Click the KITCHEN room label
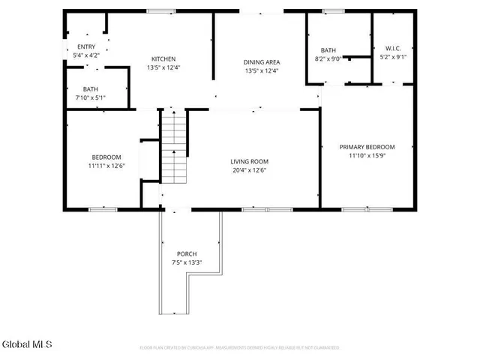(x=163, y=59)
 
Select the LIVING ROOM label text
(x=249, y=161)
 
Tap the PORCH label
(x=187, y=253)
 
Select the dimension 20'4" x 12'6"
(x=249, y=170)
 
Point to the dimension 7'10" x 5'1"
(x=91, y=97)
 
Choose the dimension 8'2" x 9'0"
(x=328, y=58)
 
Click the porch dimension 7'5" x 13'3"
(x=187, y=262)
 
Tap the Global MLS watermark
(x=27, y=344)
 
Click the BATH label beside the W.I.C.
(x=328, y=49)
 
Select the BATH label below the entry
(x=91, y=89)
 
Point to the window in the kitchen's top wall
(x=156, y=11)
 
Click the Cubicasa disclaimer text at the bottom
(x=240, y=348)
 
